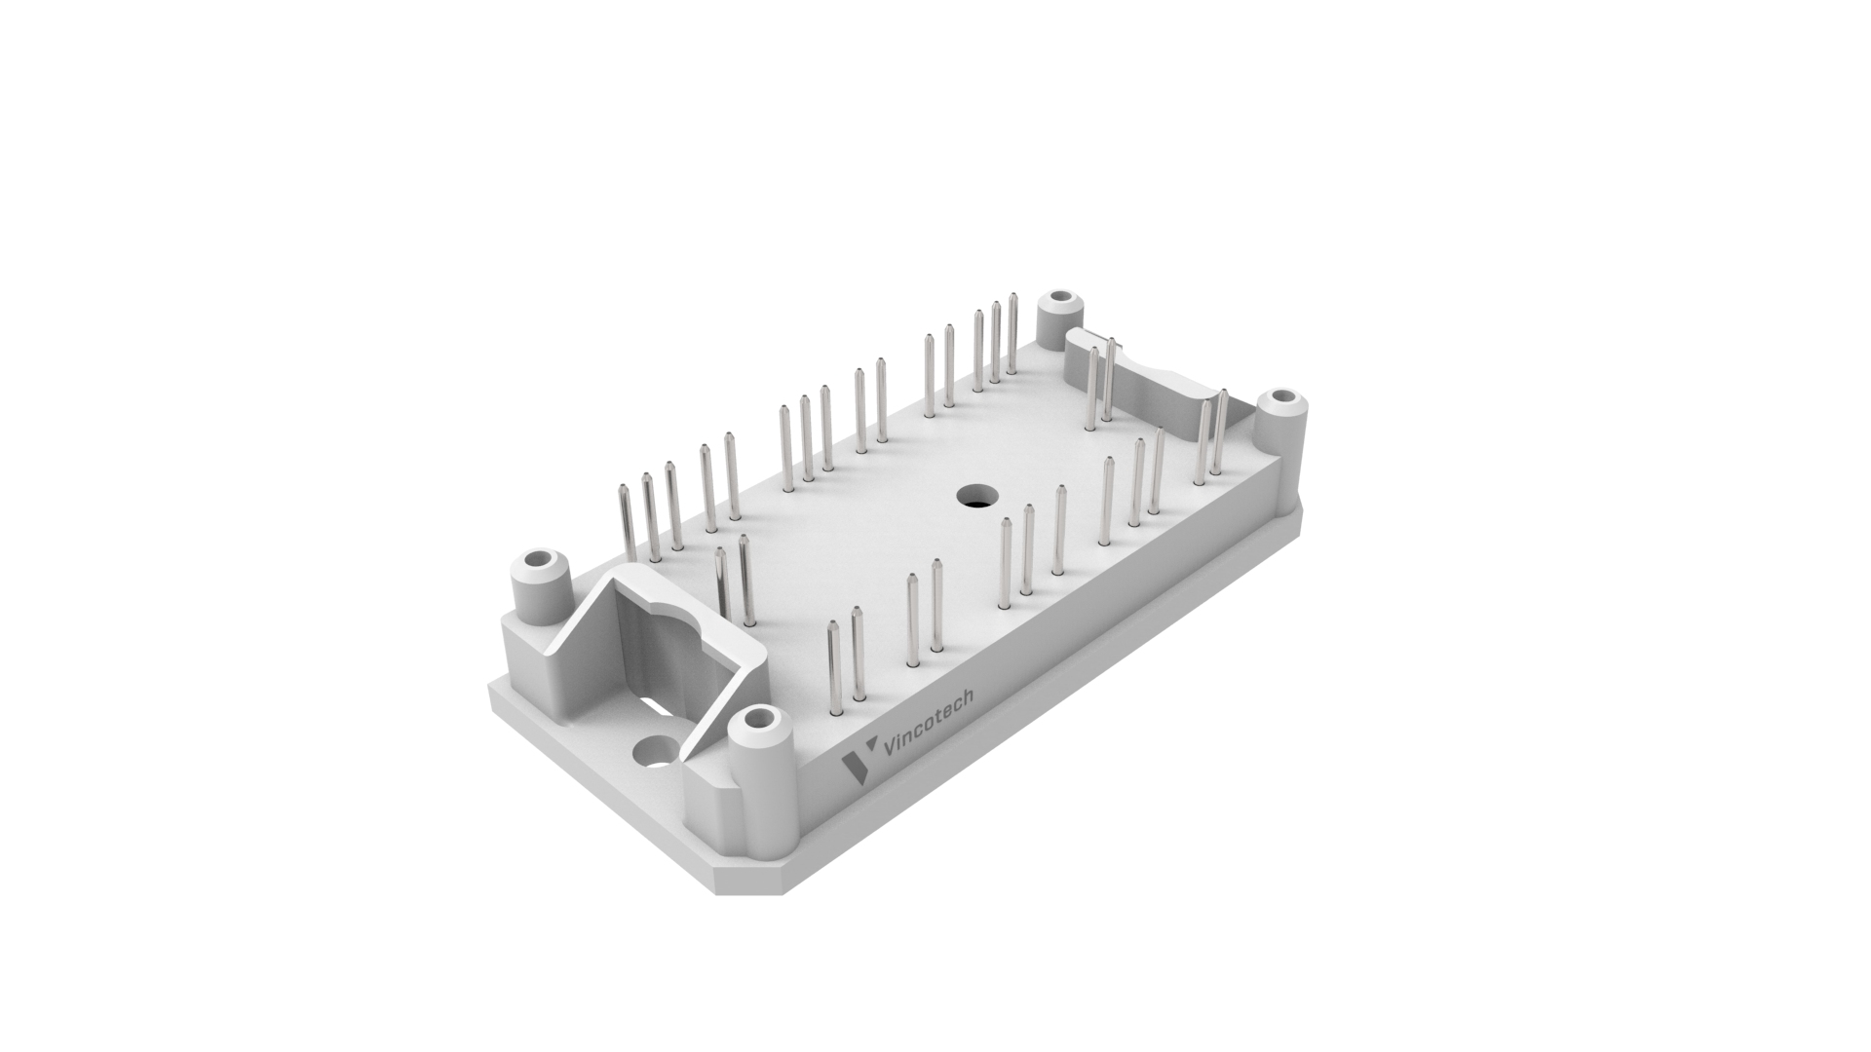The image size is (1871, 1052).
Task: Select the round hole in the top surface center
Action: coord(973,496)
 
